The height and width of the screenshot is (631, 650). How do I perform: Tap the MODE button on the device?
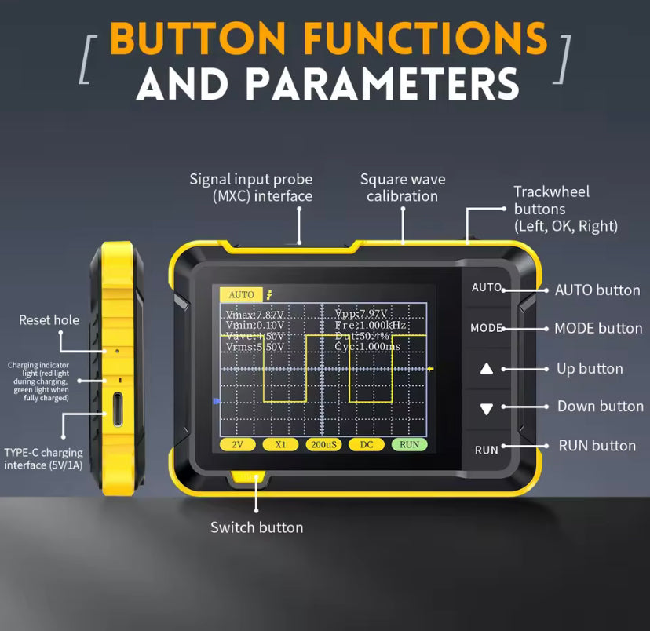486,328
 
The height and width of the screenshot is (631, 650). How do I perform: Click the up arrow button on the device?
487,369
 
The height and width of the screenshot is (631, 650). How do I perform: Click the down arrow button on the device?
487,409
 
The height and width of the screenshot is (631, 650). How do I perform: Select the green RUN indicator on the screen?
409,444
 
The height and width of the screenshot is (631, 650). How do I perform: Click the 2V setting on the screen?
238,444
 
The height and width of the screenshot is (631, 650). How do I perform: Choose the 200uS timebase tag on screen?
323,444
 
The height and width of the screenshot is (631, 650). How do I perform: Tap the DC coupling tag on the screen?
367,444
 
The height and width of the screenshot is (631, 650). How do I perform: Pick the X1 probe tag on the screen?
280,444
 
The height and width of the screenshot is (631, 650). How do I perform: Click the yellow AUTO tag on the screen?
241,294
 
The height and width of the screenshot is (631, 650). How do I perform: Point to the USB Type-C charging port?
117,409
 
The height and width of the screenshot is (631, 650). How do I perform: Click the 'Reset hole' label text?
49,320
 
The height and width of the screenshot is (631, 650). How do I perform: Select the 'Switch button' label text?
257,527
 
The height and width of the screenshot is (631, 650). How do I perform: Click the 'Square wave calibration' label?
403,188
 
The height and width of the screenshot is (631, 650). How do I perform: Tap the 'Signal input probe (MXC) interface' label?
250,188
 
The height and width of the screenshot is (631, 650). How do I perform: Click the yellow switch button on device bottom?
247,477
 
